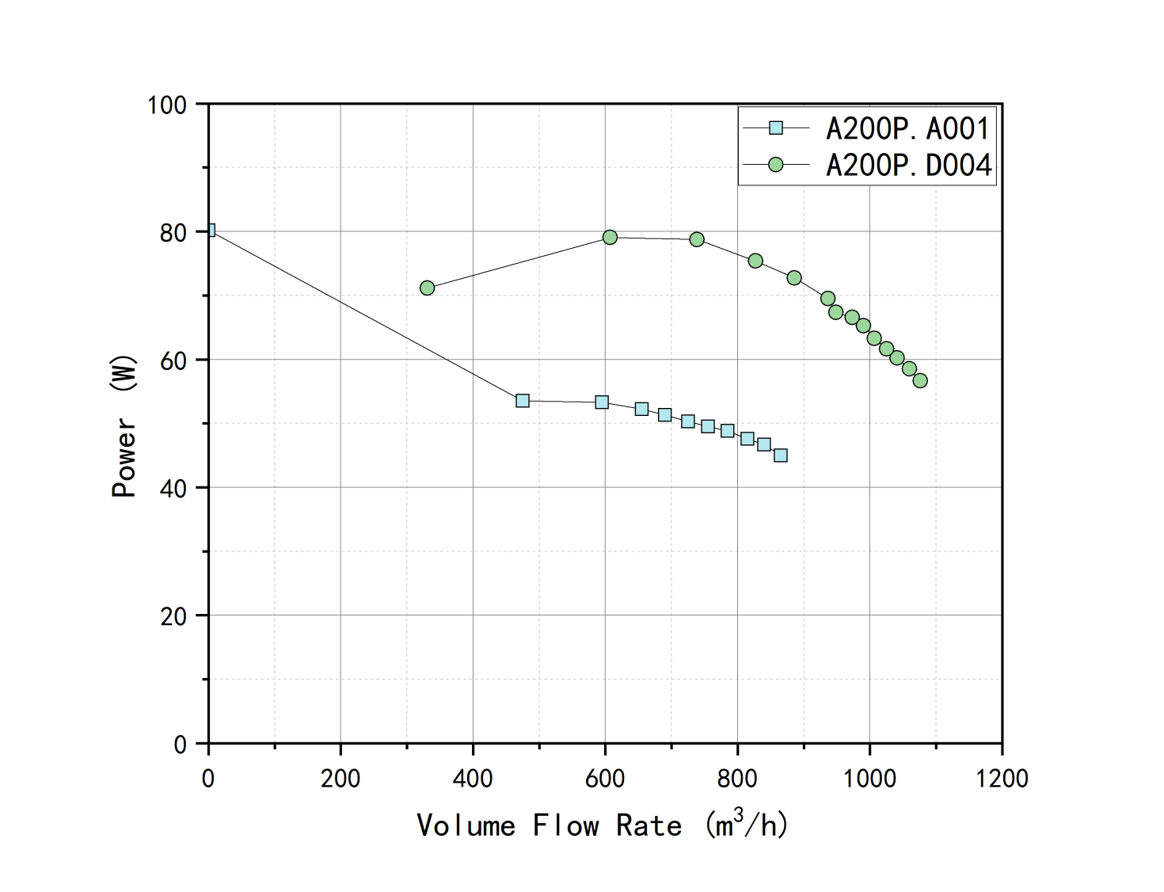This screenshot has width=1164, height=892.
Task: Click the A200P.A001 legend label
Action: click(x=907, y=128)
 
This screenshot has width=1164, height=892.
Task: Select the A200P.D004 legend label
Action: click(x=908, y=165)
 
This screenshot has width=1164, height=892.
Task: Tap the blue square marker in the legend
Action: click(x=776, y=128)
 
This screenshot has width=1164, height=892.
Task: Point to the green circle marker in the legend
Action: click(x=776, y=165)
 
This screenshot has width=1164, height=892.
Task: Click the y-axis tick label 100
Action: click(x=167, y=105)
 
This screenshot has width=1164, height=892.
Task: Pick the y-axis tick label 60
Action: click(x=173, y=360)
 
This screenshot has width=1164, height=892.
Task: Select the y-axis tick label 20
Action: click(x=173, y=616)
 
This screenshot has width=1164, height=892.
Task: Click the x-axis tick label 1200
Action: click(x=1002, y=779)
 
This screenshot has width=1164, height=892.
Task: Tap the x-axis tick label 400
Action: click(x=473, y=779)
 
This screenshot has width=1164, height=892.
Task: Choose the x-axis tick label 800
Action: click(x=737, y=779)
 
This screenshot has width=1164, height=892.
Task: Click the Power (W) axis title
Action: click(x=124, y=425)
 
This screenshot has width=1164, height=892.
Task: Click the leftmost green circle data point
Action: click(x=428, y=288)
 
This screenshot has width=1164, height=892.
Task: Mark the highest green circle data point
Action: click(x=610, y=238)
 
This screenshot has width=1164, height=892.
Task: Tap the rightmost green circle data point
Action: click(x=920, y=381)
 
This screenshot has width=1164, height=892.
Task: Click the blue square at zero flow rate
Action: click(x=210, y=231)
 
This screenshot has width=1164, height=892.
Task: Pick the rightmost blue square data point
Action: click(x=781, y=456)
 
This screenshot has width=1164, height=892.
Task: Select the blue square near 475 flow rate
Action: click(x=523, y=401)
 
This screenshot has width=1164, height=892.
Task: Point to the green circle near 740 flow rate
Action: click(x=697, y=239)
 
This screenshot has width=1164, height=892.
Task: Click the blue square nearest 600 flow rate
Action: click(x=602, y=402)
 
